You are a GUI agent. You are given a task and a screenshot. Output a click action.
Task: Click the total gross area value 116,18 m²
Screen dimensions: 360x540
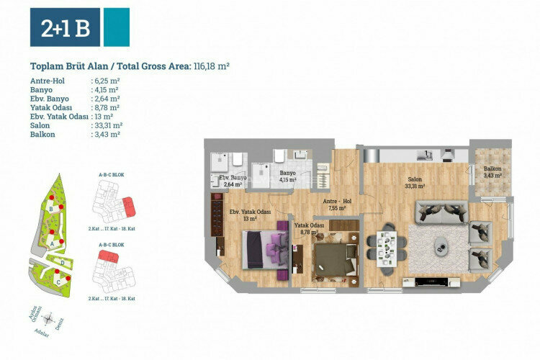[211, 66]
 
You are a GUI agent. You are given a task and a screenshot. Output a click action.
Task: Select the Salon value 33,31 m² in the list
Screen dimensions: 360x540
[107, 125]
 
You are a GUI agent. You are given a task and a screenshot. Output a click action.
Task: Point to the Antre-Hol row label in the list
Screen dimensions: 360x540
[48, 81]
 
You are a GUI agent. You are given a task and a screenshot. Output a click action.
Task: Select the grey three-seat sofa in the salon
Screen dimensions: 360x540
[439, 211]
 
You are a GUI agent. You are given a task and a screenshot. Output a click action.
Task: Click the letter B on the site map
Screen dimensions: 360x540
[52, 210]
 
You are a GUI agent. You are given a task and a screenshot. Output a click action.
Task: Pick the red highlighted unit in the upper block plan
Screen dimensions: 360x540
[128, 207]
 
